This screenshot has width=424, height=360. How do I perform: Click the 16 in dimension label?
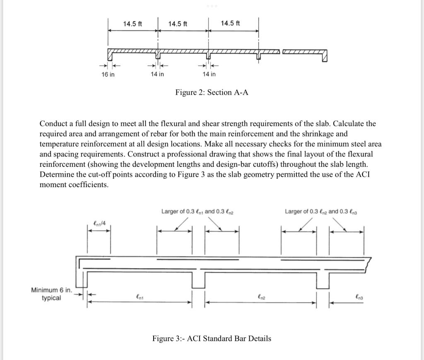tap(108, 74)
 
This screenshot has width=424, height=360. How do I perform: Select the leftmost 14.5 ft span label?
tap(132, 24)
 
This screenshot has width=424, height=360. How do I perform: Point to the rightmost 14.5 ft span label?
tap(230, 23)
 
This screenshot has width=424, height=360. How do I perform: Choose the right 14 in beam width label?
tap(209, 74)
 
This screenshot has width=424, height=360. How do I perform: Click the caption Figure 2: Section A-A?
tap(212, 92)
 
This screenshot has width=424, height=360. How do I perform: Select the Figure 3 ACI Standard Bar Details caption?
tap(212, 338)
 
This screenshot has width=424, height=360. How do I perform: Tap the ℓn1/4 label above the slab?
tap(100, 224)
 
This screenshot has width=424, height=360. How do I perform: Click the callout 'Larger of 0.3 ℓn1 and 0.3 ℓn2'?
tap(198, 211)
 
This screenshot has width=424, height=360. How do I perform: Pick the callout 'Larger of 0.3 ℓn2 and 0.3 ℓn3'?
tap(321, 211)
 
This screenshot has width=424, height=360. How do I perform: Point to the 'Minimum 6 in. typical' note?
tap(51, 294)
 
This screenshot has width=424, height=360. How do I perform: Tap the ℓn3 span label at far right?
tap(359, 296)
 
